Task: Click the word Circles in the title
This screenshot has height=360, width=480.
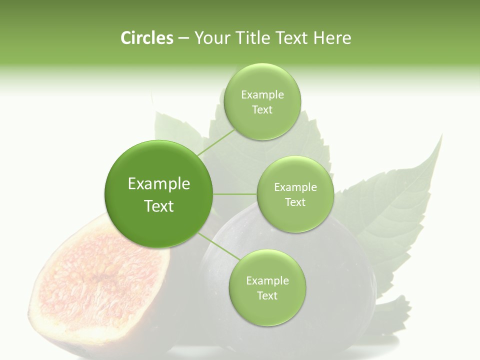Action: [146, 38]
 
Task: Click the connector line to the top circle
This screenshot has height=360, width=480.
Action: [216, 141]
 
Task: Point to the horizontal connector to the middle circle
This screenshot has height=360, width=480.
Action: [235, 194]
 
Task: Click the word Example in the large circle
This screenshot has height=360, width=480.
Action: [159, 184]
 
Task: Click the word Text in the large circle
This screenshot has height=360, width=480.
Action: [159, 206]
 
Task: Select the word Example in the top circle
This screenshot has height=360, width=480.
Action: [262, 95]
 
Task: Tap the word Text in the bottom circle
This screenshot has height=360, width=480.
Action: [267, 295]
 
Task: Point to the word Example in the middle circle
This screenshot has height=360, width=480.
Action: [295, 187]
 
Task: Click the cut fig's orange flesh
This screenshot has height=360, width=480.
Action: [100, 280]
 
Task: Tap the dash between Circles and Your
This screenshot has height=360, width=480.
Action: [183, 38]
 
